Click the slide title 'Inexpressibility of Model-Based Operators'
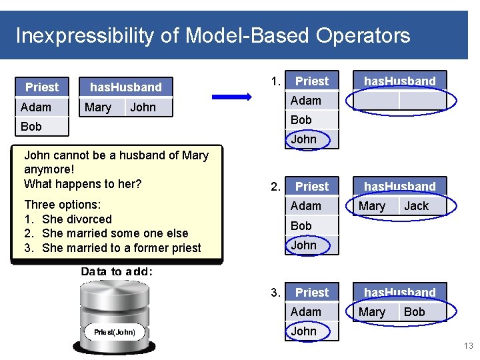(213, 35)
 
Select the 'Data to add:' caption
(117, 271)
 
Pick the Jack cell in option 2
(416, 206)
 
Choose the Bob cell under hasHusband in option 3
(414, 311)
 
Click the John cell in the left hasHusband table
(143, 107)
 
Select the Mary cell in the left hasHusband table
(98, 107)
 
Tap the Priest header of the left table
(42, 87)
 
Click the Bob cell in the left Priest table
(31, 126)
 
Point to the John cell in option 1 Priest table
(303, 139)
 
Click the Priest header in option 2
(311, 187)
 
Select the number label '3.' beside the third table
(275, 292)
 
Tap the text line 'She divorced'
(76, 219)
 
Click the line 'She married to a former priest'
(121, 248)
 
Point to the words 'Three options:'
(62, 205)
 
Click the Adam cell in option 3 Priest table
(306, 311)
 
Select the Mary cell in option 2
(371, 206)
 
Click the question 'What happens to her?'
(83, 184)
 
